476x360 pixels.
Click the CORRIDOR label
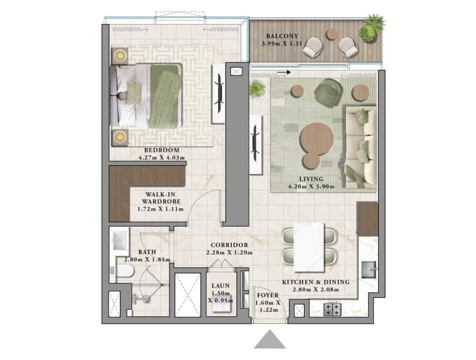pos(230,245)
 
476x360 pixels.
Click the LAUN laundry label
pos(221,287)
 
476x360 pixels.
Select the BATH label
pos(148,252)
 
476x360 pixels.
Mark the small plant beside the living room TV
pos(257,88)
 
